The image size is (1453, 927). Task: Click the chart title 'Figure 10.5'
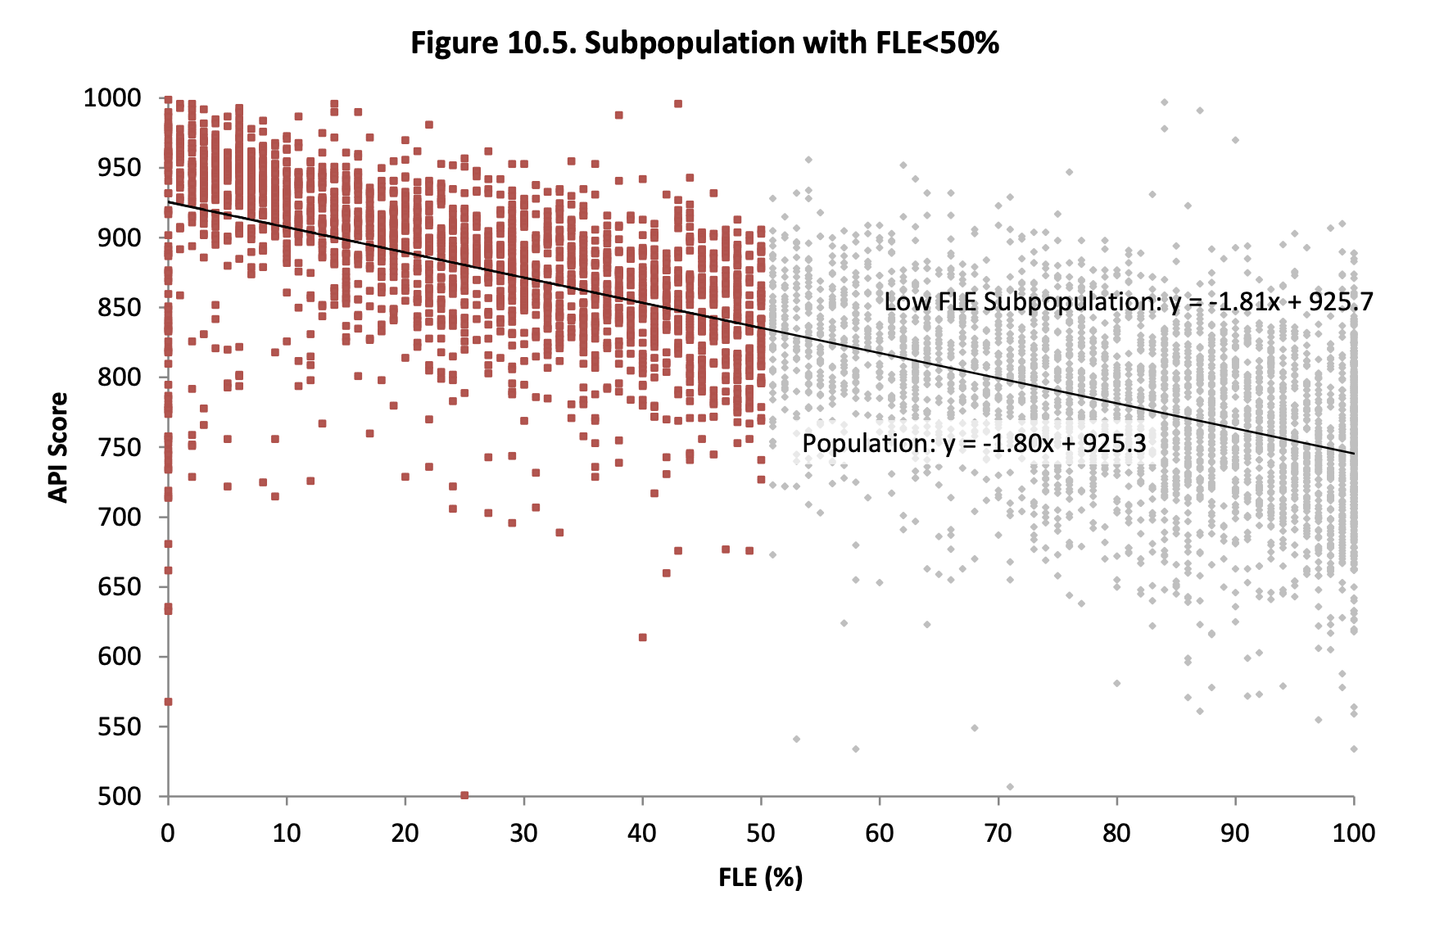[x=704, y=43]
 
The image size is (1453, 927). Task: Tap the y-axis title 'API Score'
[x=58, y=447]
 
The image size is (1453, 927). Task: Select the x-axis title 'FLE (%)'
[x=760, y=877]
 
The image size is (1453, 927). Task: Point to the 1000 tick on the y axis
[x=112, y=98]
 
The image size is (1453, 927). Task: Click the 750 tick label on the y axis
[x=119, y=447]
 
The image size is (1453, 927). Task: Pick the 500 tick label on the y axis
[x=119, y=796]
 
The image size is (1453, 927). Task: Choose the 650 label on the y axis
[x=119, y=587]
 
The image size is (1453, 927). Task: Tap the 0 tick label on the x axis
[x=168, y=834]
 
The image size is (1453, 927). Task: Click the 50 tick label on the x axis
[x=761, y=834]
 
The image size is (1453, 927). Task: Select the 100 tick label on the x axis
[x=1353, y=834]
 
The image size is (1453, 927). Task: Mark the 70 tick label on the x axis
[x=998, y=834]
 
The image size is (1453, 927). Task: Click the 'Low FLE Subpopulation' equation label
[x=1128, y=302]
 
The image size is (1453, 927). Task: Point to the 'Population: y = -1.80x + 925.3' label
[x=974, y=444]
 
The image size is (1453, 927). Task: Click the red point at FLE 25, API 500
[x=464, y=795]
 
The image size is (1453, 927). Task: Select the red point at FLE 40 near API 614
[x=642, y=637]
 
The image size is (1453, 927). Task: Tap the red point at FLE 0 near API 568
[x=168, y=702]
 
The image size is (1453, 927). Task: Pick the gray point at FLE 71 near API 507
[x=1010, y=787]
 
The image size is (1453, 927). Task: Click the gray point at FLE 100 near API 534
[x=1354, y=748]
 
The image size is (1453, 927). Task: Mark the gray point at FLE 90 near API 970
[x=1235, y=140]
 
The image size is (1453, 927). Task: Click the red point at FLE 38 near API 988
[x=618, y=115]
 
